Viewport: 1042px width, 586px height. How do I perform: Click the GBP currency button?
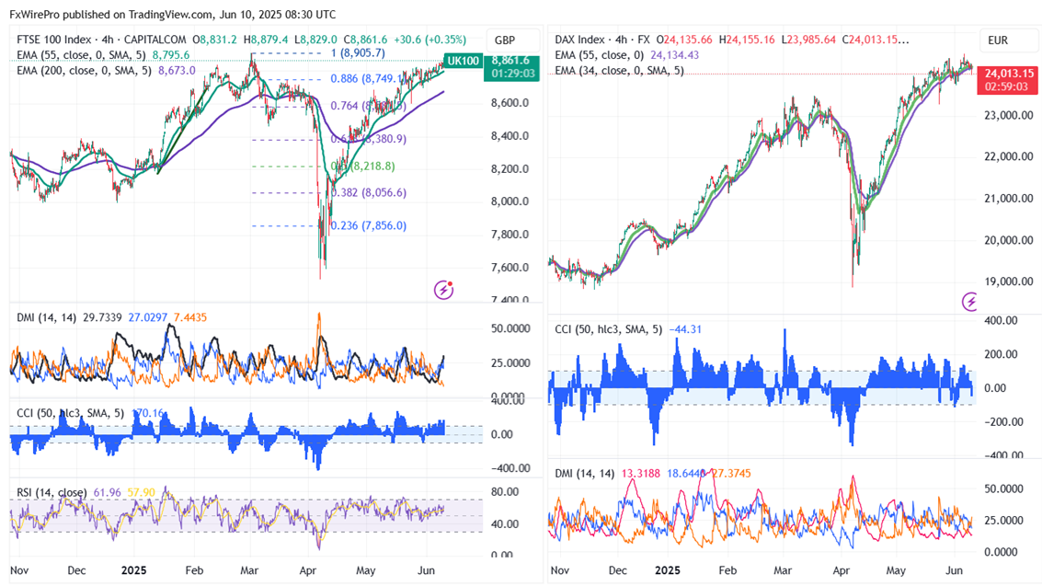pos(504,40)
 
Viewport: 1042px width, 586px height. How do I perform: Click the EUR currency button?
pos(998,40)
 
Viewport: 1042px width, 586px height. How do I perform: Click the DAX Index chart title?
pos(580,40)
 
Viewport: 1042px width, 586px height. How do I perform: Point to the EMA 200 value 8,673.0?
pos(177,70)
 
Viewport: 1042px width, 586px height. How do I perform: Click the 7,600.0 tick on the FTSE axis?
pos(510,268)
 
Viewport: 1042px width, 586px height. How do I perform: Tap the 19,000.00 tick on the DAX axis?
pos(1003,282)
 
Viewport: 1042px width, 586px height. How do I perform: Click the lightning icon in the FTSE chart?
pos(444,290)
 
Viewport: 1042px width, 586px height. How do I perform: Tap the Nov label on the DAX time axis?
pos(558,570)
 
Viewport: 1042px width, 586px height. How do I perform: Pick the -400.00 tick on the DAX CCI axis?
pos(1003,454)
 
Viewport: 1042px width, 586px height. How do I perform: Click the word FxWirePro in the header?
pos(37,15)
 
